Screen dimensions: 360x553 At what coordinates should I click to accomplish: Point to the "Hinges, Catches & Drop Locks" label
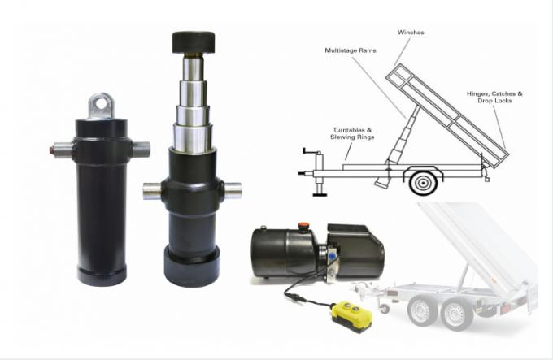click(494, 98)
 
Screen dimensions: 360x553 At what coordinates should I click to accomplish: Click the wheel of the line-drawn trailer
click(423, 182)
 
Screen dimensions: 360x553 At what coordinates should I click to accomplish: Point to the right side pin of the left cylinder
click(141, 150)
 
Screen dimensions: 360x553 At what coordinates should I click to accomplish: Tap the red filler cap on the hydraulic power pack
click(303, 228)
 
